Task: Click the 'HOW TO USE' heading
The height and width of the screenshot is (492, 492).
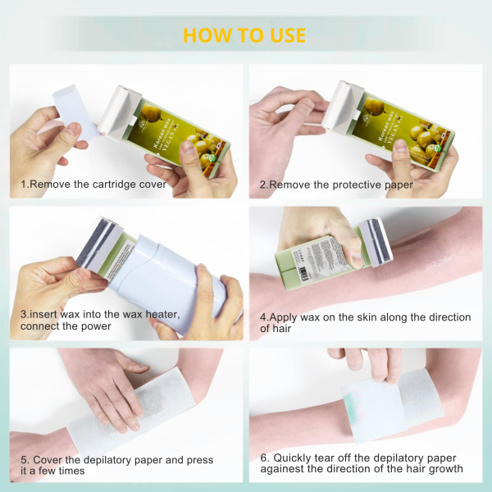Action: [x=244, y=35]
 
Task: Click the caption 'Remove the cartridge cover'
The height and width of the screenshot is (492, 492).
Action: [x=98, y=184]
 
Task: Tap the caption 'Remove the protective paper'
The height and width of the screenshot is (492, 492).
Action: [x=340, y=184]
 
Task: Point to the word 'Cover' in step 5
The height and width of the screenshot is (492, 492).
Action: [x=50, y=460]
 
